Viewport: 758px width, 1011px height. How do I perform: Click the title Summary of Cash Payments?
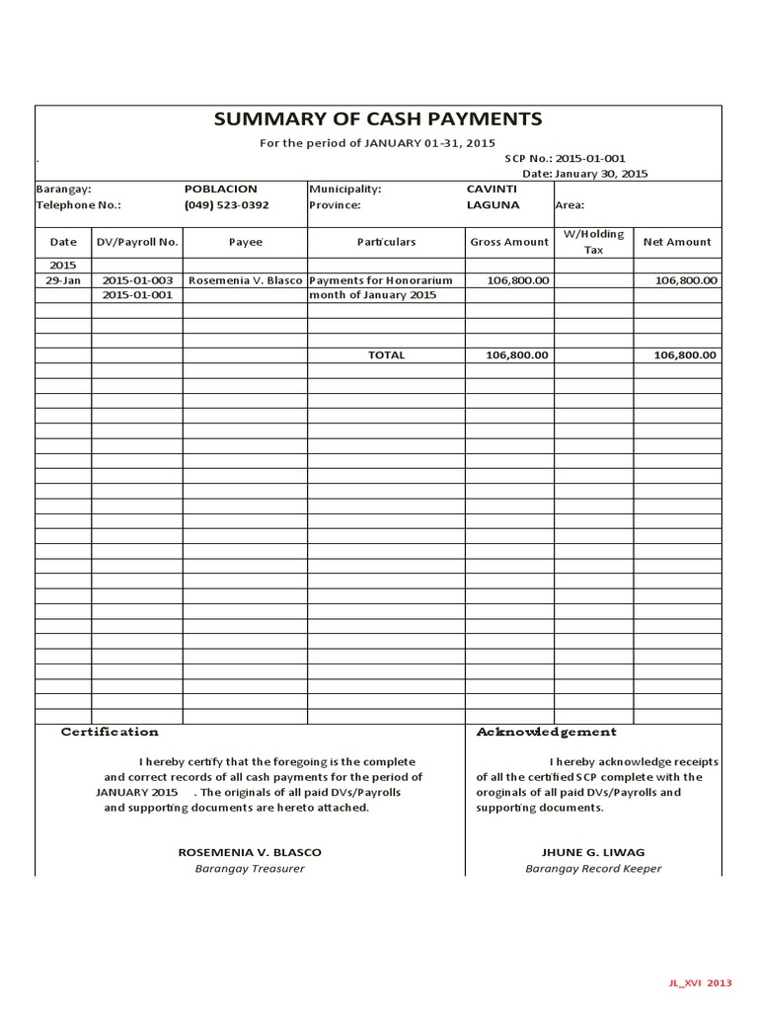point(378,119)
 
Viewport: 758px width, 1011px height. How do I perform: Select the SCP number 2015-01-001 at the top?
point(590,158)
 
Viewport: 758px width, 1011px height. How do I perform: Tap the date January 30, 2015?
point(600,173)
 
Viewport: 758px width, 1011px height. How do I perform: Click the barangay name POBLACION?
point(220,189)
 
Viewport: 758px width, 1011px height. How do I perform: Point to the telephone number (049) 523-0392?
point(226,205)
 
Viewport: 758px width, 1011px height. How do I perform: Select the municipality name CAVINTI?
point(492,189)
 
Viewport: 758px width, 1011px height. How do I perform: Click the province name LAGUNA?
point(493,205)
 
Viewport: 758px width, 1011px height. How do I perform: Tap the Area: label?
point(570,205)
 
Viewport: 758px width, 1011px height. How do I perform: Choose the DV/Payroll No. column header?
point(137,242)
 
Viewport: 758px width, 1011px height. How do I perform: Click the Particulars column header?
point(386,242)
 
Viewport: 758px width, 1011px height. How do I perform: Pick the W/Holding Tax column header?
point(593,242)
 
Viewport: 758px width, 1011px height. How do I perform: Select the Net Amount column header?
point(676,242)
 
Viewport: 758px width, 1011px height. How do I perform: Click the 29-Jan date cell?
point(63,280)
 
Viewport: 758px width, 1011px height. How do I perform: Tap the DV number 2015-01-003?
point(137,280)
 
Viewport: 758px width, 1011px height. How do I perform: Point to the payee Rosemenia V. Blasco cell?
point(245,280)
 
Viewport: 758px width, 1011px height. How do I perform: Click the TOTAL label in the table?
point(386,355)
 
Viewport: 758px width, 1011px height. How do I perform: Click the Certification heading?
point(110,732)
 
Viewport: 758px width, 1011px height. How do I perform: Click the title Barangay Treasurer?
point(250,869)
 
